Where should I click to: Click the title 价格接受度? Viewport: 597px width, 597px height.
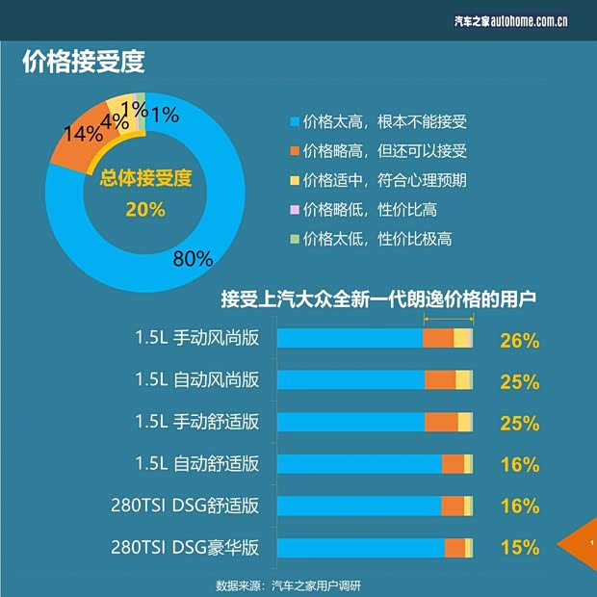(x=83, y=63)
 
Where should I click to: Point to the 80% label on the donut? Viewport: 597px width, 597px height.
(x=193, y=258)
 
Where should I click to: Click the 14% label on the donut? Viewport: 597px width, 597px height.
(x=76, y=133)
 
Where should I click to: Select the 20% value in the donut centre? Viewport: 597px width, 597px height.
(x=145, y=209)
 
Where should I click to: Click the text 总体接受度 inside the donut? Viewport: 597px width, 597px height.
(x=146, y=178)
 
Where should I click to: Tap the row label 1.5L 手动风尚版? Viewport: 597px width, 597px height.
(x=197, y=338)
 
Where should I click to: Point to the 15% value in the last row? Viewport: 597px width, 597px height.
(x=519, y=548)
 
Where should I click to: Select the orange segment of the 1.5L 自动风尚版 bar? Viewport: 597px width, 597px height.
(x=440, y=380)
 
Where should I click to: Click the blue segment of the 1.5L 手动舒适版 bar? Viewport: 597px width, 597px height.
(x=350, y=422)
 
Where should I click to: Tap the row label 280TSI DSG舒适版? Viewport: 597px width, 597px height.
(x=186, y=506)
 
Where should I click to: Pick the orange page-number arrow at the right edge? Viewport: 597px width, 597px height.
(x=586, y=544)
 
